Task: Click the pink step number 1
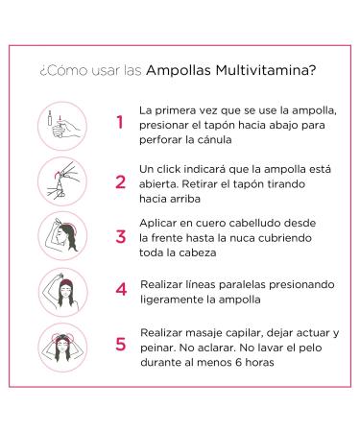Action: [x=120, y=123]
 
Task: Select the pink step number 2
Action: [x=120, y=180]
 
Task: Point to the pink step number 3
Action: [x=120, y=235]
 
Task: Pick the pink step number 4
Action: [x=120, y=288]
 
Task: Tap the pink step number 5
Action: [x=120, y=343]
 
